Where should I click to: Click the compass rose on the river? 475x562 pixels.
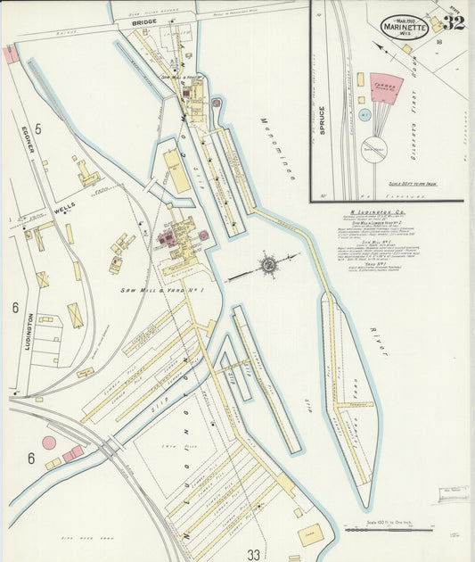click(x=267, y=264)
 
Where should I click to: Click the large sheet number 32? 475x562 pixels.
click(x=453, y=23)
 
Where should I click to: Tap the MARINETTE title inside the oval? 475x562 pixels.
click(x=405, y=27)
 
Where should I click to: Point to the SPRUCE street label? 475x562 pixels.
click(x=321, y=120)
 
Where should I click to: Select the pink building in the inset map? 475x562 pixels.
click(x=386, y=87)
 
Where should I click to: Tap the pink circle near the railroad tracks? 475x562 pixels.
click(x=50, y=442)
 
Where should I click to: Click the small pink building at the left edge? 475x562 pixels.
click(x=10, y=54)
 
